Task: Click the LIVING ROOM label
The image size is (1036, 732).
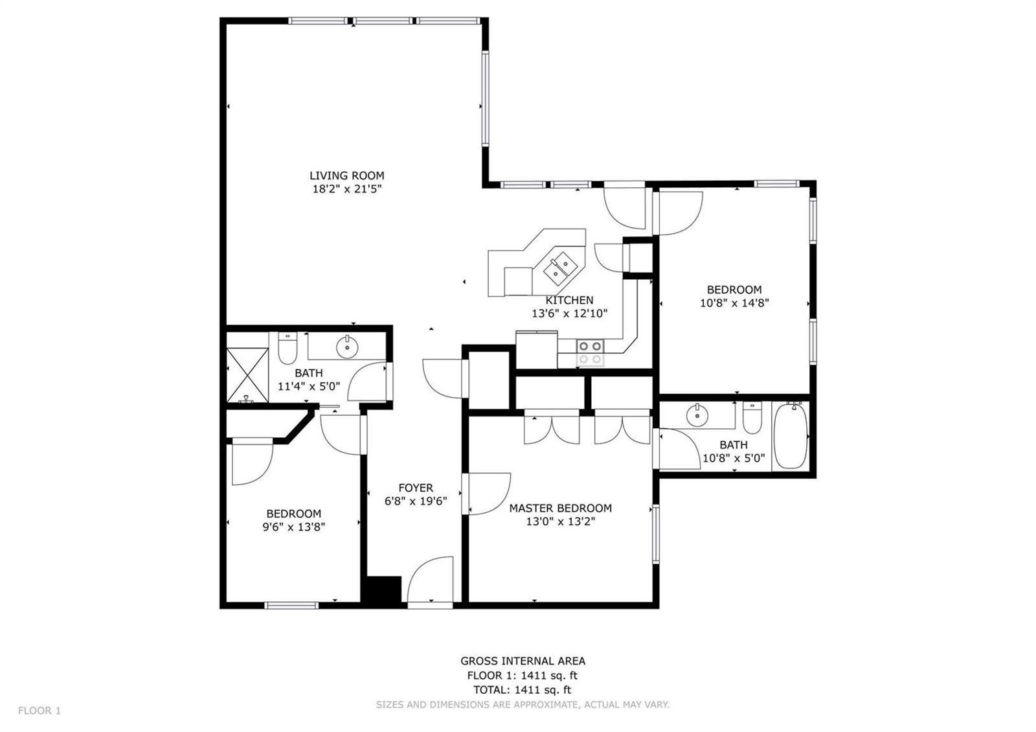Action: [x=347, y=176]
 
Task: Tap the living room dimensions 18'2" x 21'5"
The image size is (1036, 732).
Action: [x=347, y=189]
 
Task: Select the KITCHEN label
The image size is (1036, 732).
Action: [x=569, y=300]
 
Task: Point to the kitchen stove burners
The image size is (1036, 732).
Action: [x=590, y=352]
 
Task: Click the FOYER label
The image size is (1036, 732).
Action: [x=416, y=488]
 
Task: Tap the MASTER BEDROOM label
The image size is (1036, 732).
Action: [x=561, y=508]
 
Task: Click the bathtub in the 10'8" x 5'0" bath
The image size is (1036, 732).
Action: [x=791, y=435]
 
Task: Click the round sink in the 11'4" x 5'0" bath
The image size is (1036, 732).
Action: [x=347, y=347]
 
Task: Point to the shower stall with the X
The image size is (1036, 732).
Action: [x=247, y=375]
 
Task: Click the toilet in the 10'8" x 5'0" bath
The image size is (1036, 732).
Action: [x=752, y=417]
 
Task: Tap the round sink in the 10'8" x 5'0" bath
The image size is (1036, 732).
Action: [x=697, y=415]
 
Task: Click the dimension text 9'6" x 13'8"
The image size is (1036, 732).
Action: [x=294, y=527]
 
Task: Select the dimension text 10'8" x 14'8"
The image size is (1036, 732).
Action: [x=734, y=303]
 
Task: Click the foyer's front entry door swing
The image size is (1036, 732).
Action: [x=430, y=579]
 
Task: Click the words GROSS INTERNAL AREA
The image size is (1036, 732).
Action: [x=523, y=661]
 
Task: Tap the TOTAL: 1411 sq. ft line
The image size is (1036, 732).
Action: [x=522, y=689]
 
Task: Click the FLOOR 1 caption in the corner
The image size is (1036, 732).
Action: [x=39, y=710]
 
